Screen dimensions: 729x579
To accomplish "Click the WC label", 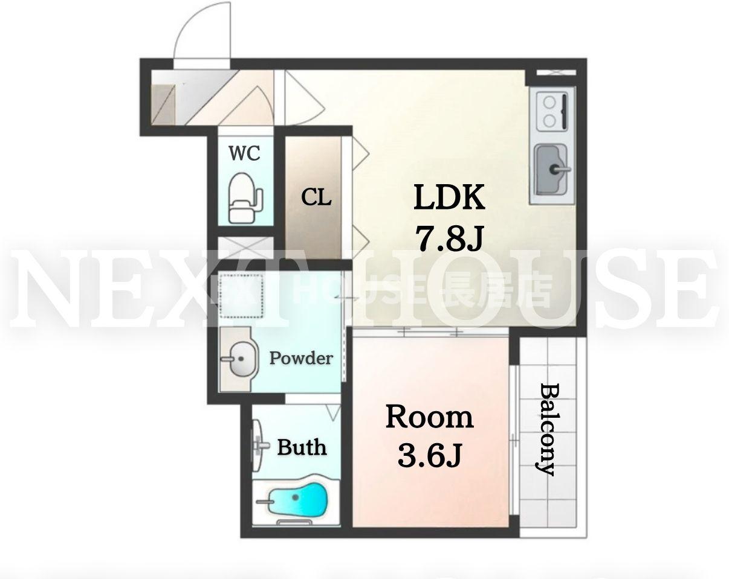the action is pos(245,153).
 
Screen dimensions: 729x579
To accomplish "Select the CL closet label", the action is pos(316,197).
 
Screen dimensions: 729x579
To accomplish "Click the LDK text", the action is pos(449,197).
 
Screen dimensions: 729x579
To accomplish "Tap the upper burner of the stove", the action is pos(550,102).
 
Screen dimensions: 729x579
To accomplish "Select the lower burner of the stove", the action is pos(550,120).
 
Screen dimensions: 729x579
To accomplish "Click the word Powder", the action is pos(301,358).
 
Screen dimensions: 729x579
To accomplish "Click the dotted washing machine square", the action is pos(241,295).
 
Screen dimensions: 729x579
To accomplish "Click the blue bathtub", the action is pos(297,499).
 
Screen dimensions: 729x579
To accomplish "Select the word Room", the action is pos(429,418).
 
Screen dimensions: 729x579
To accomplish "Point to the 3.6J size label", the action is pos(429,455).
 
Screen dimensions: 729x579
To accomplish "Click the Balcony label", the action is pos(545,430).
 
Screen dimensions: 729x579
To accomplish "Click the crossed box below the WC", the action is pos(245,248).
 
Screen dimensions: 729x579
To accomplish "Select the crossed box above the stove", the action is pos(556,72).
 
